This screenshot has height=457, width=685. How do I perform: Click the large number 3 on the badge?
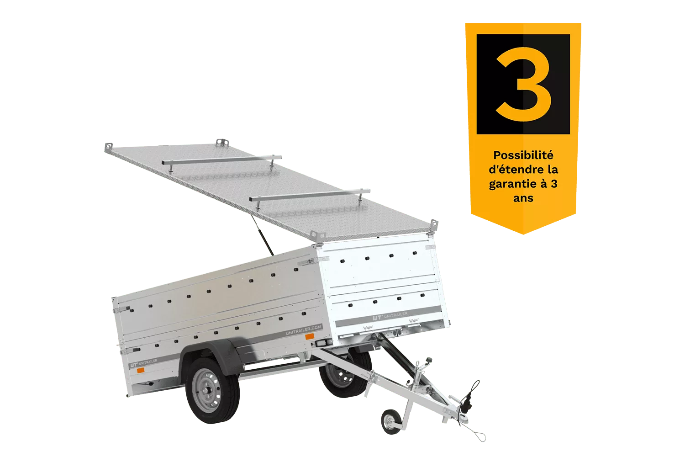[523, 84]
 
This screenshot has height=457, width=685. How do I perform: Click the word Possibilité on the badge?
[523, 155]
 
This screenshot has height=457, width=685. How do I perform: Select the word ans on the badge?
[523, 198]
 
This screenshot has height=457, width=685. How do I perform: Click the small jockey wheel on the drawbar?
[391, 421]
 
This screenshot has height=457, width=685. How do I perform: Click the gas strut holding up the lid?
[262, 235]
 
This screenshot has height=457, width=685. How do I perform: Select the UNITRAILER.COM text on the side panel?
[303, 329]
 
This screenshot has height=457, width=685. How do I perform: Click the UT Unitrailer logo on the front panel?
[390, 316]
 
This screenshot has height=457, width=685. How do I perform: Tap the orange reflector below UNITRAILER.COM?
[310, 337]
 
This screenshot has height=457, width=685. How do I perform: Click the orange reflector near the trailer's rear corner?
[140, 370]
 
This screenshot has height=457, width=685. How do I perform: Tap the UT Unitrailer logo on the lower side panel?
[143, 364]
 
